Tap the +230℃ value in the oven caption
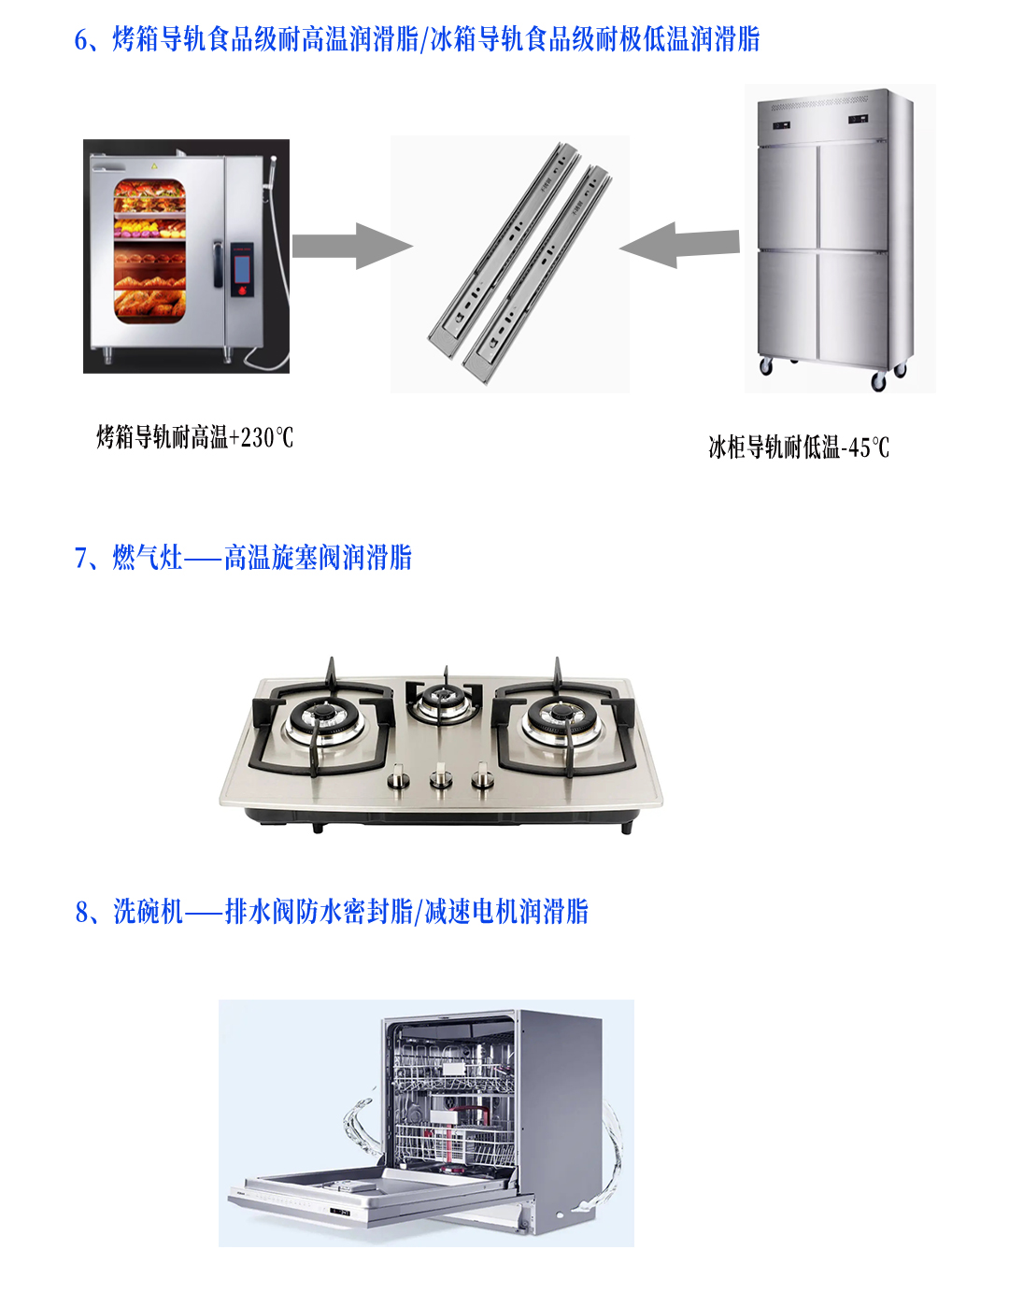(261, 437)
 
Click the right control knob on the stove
(482, 777)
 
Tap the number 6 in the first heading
(81, 40)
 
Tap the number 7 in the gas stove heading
(81, 559)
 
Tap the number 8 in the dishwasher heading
(81, 912)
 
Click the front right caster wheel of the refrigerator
(878, 382)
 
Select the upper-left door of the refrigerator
(788, 196)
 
